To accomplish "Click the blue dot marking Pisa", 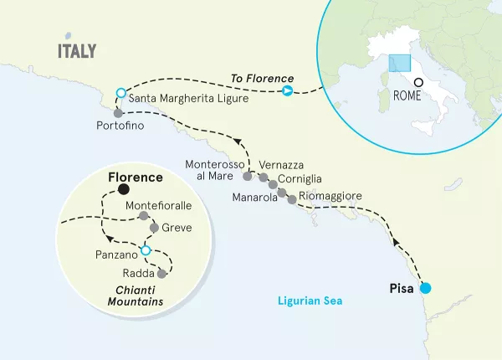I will click(x=425, y=289).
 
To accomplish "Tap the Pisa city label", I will click(x=402, y=289).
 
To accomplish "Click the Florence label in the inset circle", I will click(x=136, y=178).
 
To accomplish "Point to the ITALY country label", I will click(x=76, y=51).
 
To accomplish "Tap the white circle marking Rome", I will click(x=418, y=82).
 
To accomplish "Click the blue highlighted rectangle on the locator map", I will click(x=398, y=64).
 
